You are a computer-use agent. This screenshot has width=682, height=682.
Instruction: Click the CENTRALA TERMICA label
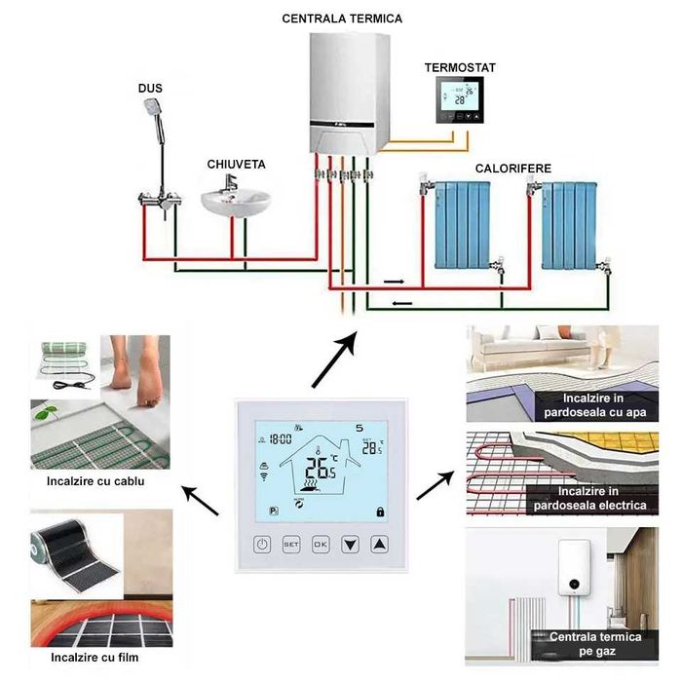pyautogui.click(x=342, y=18)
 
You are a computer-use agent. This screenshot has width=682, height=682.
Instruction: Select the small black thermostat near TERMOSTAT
pyautogui.click(x=459, y=100)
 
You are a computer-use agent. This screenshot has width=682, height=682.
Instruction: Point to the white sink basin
pyautogui.click(x=235, y=203)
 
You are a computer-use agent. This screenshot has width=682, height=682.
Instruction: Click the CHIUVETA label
pyautogui.click(x=236, y=165)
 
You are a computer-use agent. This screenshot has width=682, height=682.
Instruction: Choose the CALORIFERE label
pyautogui.click(x=513, y=169)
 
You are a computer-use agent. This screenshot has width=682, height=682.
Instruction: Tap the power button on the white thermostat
pyautogui.click(x=263, y=545)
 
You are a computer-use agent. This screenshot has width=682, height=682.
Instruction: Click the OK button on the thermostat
pyautogui.click(x=321, y=545)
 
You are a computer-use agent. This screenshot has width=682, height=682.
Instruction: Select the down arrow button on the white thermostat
pyautogui.click(x=350, y=545)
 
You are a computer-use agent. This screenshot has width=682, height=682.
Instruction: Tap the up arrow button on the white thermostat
pyautogui.click(x=379, y=545)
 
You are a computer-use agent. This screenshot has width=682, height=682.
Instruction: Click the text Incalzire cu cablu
pyautogui.click(x=91, y=480)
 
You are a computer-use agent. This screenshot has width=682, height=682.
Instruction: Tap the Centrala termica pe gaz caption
pyautogui.click(x=596, y=643)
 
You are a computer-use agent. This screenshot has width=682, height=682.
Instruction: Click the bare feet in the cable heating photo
pyautogui.click(x=141, y=370)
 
